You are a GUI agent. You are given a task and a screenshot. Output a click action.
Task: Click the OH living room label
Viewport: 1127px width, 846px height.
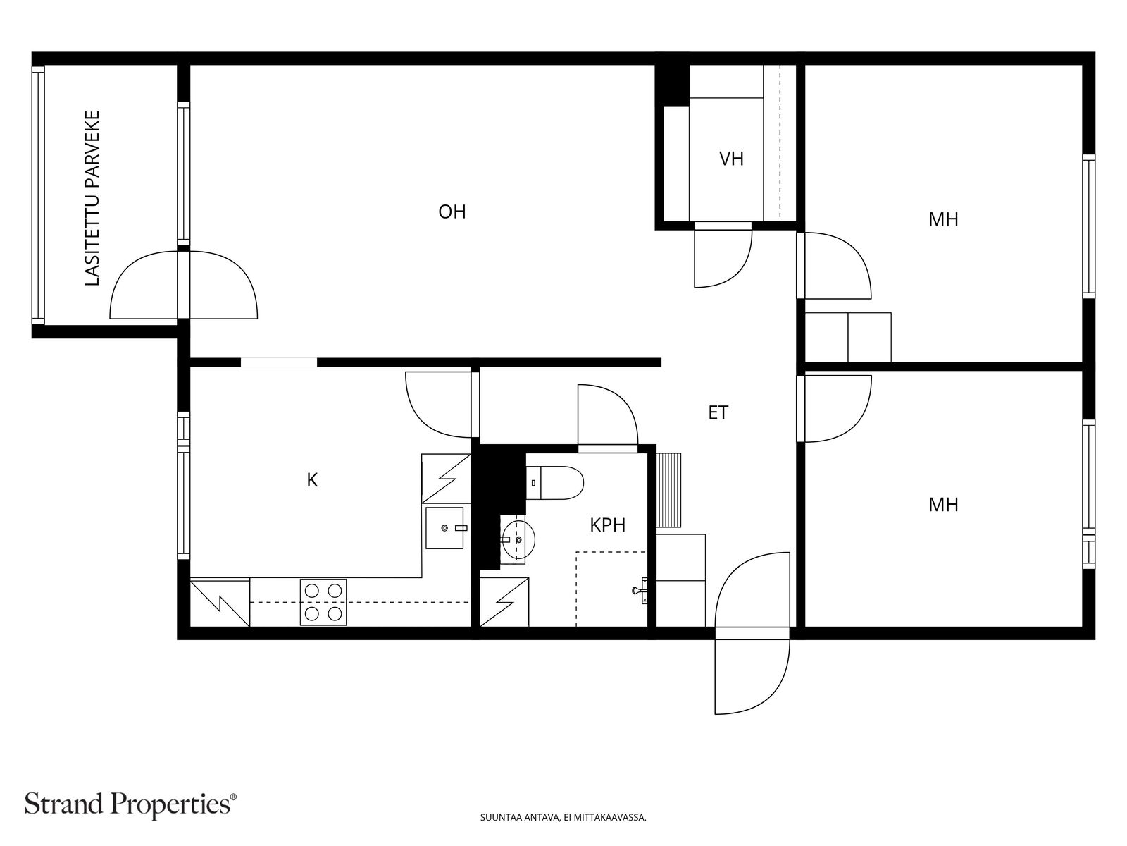point(452,211)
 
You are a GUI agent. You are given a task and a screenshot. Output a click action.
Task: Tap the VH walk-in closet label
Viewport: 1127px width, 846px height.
point(731,159)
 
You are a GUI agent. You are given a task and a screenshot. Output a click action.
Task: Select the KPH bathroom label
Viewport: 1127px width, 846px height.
point(607,525)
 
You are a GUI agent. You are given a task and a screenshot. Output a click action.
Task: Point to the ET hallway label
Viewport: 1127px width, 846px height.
point(718,412)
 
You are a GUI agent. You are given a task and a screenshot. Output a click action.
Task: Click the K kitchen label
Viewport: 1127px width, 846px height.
point(311,480)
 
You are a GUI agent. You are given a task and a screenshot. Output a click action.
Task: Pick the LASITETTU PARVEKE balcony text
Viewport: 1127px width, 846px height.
point(92,198)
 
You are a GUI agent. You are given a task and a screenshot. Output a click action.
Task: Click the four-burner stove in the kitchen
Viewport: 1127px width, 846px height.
point(323,602)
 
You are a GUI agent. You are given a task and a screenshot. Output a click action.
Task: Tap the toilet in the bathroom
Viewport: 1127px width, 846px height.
point(555,483)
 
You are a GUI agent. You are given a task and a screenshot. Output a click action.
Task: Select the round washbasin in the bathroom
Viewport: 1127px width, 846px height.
point(518,540)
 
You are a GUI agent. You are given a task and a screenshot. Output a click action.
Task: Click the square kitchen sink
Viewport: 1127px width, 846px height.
point(444,527)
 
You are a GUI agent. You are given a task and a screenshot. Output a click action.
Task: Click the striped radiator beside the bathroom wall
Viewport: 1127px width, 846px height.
point(668,490)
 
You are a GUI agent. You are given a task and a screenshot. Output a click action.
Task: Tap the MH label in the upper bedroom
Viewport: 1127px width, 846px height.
point(943,220)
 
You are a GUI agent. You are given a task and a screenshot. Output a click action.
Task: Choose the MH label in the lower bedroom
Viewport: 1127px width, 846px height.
point(943,505)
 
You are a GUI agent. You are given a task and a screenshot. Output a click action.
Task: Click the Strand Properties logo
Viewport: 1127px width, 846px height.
point(130,805)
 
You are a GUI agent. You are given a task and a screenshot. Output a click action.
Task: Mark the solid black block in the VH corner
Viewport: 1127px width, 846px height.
point(672,86)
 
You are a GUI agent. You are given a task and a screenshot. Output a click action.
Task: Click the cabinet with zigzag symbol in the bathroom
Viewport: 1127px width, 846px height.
point(504,602)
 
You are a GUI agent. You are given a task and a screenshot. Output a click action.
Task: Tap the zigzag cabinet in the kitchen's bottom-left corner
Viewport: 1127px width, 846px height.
point(220,603)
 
